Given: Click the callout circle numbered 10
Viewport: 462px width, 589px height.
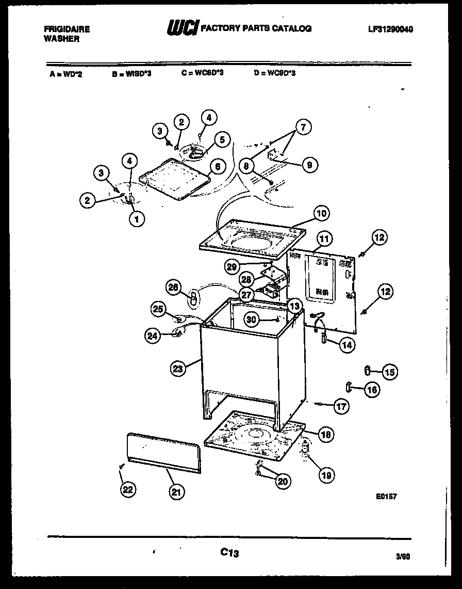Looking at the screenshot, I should [x=321, y=213].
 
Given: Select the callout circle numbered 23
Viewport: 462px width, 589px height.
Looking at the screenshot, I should [x=178, y=368].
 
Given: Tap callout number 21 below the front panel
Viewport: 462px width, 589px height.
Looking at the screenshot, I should [x=176, y=492].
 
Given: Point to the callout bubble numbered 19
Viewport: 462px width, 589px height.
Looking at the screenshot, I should [x=326, y=475].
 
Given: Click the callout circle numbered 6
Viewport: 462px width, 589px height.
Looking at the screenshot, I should [x=217, y=166].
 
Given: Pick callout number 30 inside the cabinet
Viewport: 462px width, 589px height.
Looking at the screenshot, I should [x=251, y=320].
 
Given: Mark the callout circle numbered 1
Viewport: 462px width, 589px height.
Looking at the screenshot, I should [x=137, y=219].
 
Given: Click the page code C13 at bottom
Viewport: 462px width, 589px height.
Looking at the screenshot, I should [x=229, y=552].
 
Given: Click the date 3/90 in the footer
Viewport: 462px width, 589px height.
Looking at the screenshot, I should [x=403, y=556].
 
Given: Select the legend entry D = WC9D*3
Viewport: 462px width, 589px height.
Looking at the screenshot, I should [x=274, y=73].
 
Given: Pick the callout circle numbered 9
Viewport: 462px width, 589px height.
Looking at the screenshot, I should [x=309, y=165].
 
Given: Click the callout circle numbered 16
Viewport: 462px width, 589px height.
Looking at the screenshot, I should [x=371, y=389].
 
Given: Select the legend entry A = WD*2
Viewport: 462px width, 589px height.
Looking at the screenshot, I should [x=66, y=74].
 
